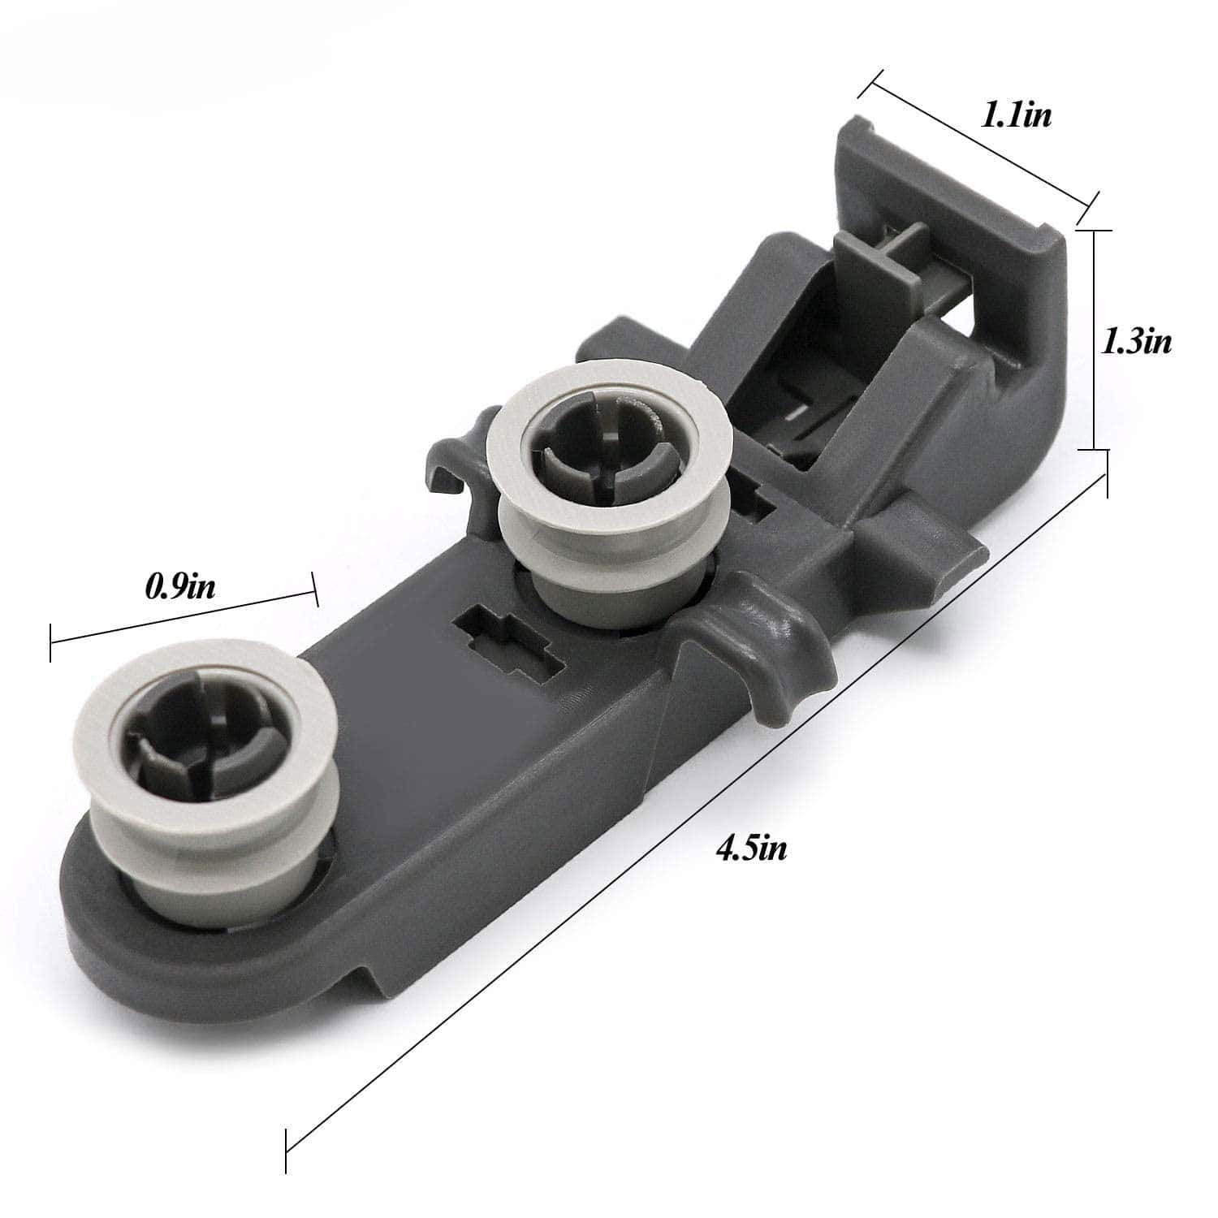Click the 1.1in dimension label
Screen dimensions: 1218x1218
[1016, 115]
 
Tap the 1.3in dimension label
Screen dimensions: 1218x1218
[1136, 341]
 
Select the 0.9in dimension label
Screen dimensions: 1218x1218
[180, 586]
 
